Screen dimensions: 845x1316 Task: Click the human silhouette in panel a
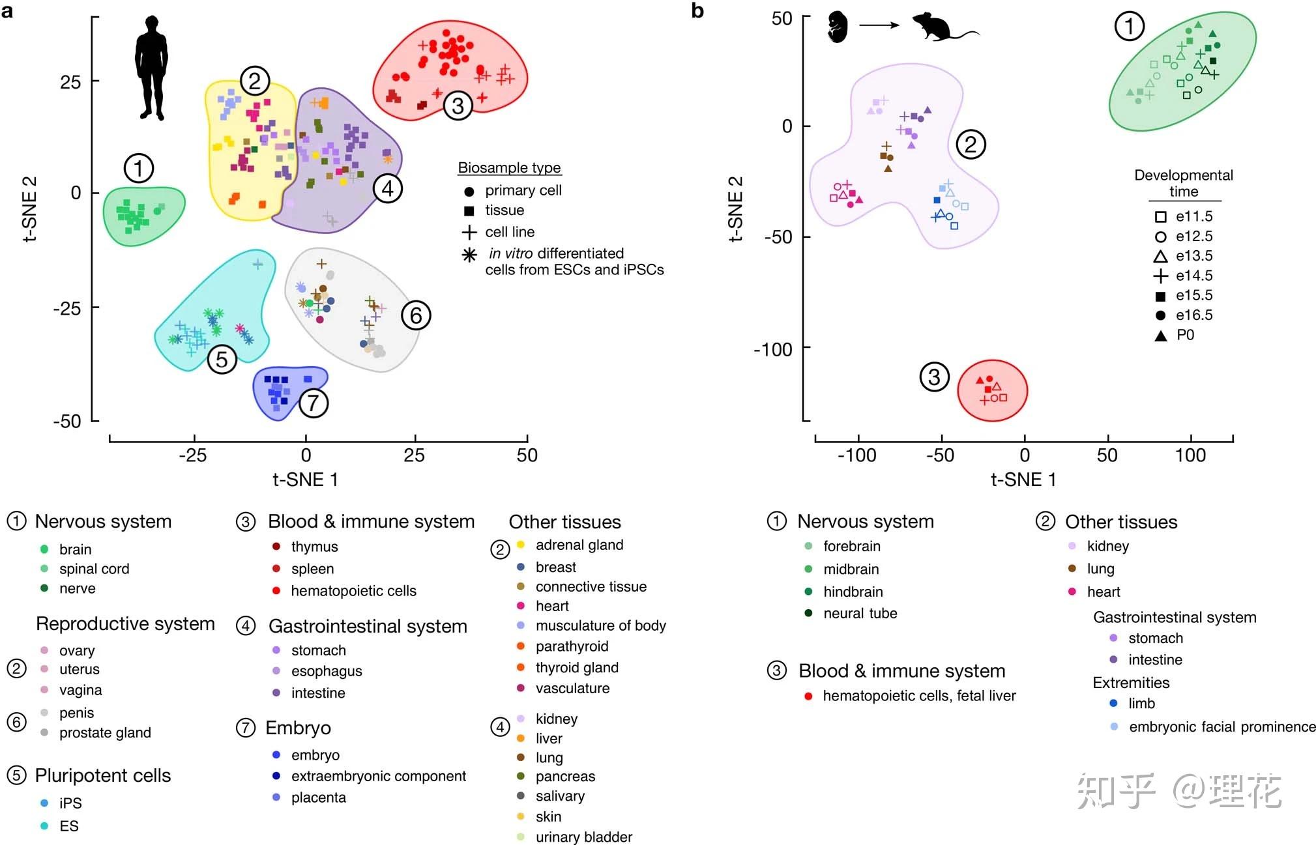click(x=151, y=68)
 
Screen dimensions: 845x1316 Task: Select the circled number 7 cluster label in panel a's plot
click(x=313, y=403)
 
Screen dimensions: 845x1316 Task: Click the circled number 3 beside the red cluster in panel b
click(x=933, y=377)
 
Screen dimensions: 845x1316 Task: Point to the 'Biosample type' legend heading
click(x=509, y=168)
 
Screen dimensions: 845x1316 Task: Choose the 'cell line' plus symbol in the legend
click(x=469, y=232)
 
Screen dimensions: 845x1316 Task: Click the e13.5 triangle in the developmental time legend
click(x=1160, y=256)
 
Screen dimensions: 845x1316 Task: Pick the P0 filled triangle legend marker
click(x=1160, y=336)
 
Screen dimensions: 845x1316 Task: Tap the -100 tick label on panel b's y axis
click(x=773, y=350)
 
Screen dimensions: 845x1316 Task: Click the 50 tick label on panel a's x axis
click(x=527, y=455)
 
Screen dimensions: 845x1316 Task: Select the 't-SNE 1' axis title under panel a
click(x=305, y=480)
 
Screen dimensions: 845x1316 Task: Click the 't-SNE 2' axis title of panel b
click(x=735, y=209)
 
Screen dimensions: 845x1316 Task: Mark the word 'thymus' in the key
click(x=314, y=547)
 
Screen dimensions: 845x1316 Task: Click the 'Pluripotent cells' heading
click(x=103, y=775)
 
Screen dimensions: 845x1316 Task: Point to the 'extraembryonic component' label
click(x=378, y=776)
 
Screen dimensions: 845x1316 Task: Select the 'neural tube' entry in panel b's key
click(x=860, y=613)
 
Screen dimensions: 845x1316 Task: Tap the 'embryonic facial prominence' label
click(x=1222, y=727)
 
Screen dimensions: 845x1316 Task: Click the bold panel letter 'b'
click(x=697, y=10)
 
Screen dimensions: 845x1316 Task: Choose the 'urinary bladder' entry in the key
click(x=583, y=837)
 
